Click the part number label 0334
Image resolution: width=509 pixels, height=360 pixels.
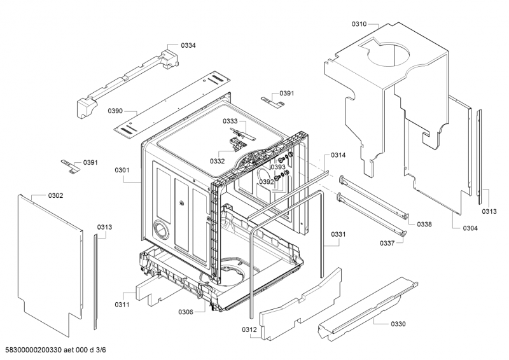pos(188,45)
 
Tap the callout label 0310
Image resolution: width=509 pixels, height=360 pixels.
pos(359,24)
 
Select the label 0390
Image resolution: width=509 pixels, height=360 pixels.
pos(115,111)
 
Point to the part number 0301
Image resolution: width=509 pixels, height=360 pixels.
pos(122,170)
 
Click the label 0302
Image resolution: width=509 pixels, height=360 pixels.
pos(55,195)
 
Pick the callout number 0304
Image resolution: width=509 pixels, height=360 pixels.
pos(470,228)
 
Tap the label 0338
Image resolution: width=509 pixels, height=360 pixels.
pos(424,225)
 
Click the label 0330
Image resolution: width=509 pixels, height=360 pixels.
pos(398,324)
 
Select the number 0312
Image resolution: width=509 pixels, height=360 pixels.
pos(249,329)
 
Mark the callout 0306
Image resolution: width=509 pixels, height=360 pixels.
pos(186,312)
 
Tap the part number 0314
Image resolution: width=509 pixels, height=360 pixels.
pos(338,155)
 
